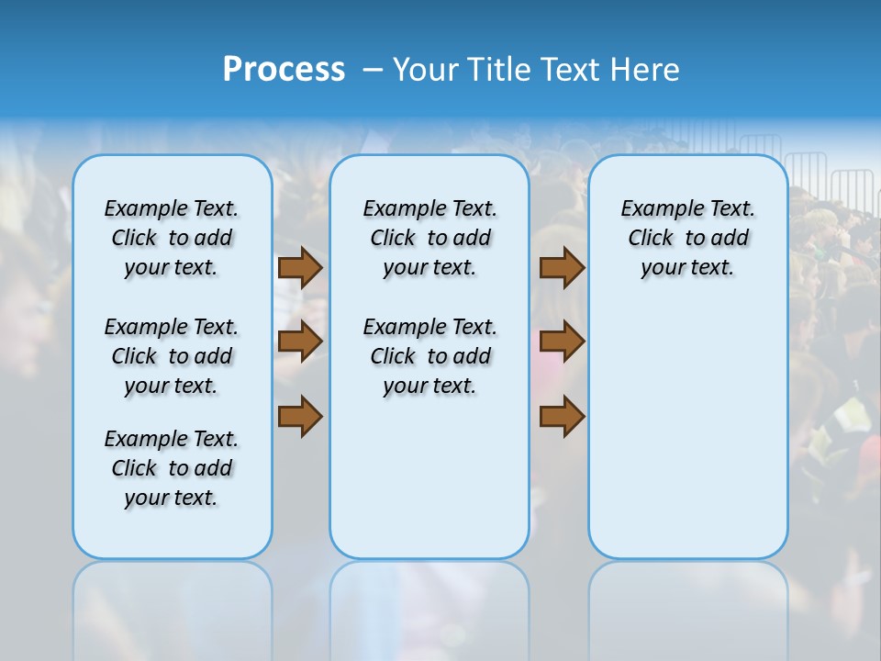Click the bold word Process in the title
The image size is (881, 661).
coord(284,70)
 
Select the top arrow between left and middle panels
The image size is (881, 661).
coord(300,268)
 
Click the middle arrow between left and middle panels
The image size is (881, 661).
coord(300,342)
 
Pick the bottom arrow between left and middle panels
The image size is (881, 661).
coord(300,416)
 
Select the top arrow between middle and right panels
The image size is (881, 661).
coord(562,268)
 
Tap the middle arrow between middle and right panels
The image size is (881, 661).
coord(562,342)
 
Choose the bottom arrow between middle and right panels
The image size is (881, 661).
coord(562,416)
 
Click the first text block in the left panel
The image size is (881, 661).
coord(172,238)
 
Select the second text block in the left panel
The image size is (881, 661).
coord(172,356)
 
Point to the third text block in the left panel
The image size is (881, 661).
coord(172,468)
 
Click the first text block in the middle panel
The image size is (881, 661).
coord(429,238)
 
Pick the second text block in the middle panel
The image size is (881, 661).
coord(429,356)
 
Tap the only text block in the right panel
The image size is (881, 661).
coord(688,238)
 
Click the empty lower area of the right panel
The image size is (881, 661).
coord(688,441)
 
